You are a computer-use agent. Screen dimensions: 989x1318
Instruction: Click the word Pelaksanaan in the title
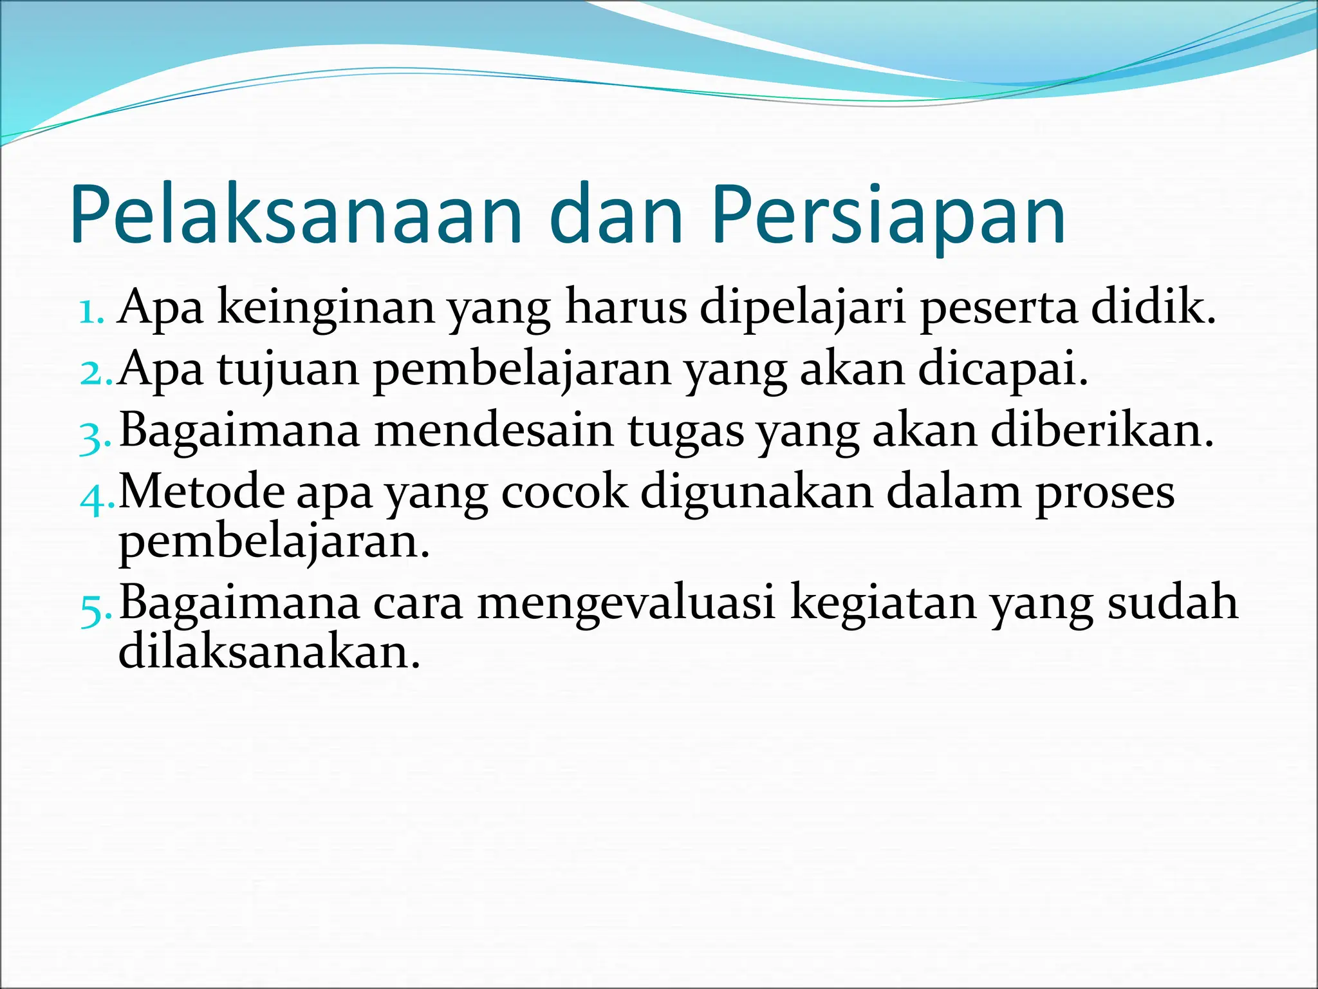(x=296, y=215)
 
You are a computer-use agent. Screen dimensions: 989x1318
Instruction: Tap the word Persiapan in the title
(x=888, y=215)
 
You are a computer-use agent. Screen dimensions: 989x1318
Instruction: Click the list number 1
(x=91, y=312)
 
